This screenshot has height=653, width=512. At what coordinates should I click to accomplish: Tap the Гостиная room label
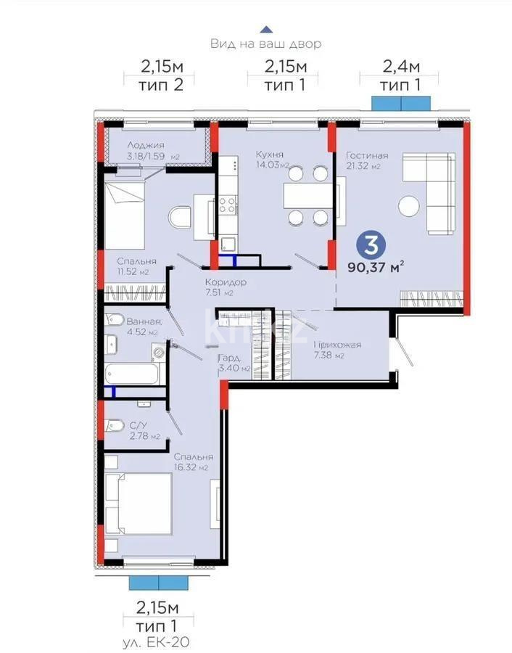366,155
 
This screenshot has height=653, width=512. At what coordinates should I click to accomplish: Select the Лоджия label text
145,145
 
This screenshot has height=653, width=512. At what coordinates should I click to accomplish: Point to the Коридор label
226,282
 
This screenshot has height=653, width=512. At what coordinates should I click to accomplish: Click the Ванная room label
144,322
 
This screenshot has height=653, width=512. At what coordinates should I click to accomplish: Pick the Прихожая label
337,344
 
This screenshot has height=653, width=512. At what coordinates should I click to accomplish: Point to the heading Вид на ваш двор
266,44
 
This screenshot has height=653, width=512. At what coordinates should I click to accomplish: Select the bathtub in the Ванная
131,374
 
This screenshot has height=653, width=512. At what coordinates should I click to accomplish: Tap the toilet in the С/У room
114,425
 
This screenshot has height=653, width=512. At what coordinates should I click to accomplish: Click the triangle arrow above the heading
266,29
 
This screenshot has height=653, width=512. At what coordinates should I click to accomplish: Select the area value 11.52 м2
133,272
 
